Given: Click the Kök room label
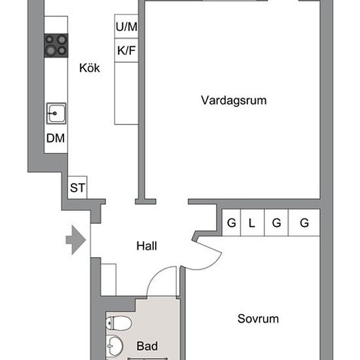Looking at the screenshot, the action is [89, 68].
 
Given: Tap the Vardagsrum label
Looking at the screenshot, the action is [234, 101].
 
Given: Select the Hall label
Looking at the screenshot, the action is [147, 246].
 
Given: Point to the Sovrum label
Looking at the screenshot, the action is [258, 319].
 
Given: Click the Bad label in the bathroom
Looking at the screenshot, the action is [147, 346].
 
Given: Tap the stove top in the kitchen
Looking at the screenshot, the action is [56, 45].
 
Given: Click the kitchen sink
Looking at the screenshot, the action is [56, 113].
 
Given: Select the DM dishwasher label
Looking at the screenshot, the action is [56, 138].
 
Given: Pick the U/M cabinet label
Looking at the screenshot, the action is [126, 27].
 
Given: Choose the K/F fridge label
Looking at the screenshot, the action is [126, 50].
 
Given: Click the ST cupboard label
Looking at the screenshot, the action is [77, 188].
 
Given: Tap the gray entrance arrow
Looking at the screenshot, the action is [76, 240].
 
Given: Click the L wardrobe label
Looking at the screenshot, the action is [252, 223].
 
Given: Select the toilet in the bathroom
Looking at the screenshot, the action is [118, 323].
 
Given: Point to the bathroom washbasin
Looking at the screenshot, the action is [115, 346].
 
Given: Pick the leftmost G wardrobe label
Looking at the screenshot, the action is [232, 223].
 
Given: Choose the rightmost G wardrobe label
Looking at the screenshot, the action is [304, 223].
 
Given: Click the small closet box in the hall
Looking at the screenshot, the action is [109, 279].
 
